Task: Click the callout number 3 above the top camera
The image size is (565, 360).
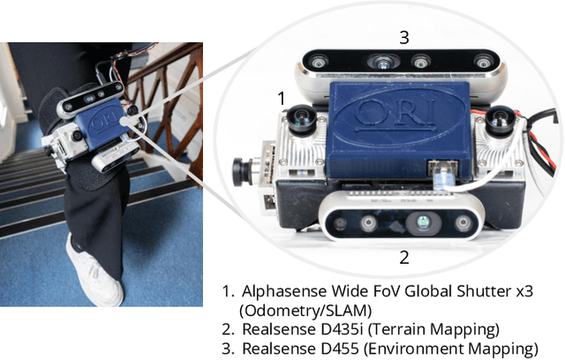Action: pos(404,37)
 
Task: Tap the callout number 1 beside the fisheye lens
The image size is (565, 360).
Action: pos(282,98)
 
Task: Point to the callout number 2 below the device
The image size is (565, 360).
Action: pos(404,258)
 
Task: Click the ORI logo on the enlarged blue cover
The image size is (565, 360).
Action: pos(395,114)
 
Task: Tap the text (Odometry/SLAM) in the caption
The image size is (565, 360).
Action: pos(305,311)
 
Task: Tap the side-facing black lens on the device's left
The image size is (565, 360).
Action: pos(241,172)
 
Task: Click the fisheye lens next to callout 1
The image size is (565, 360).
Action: pos(302,120)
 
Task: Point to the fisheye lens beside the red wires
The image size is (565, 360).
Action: pos(501,121)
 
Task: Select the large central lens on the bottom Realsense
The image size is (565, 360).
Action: pos(423,222)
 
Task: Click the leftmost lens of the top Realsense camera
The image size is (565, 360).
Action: pos(319,63)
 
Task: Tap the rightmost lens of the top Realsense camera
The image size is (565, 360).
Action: pos(483,62)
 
